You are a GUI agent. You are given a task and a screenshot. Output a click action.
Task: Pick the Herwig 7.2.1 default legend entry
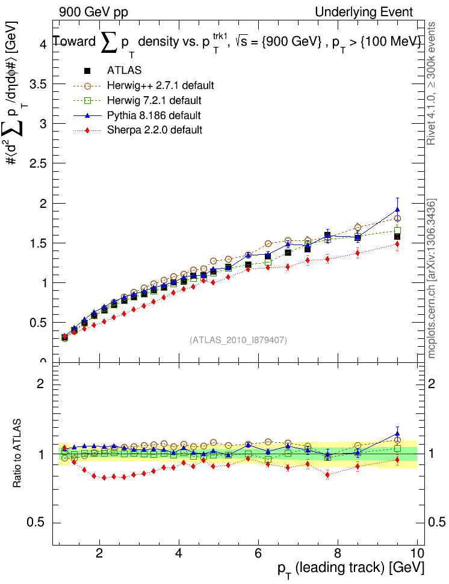click(154, 100)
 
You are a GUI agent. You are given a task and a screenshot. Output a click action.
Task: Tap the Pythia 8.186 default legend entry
click(154, 115)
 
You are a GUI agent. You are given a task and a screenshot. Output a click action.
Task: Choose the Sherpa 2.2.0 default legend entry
click(154, 129)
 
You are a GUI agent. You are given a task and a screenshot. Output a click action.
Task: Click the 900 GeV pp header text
click(93, 12)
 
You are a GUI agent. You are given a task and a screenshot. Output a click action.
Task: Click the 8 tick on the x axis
click(337, 553)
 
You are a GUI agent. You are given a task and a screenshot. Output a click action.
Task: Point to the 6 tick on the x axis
click(258, 553)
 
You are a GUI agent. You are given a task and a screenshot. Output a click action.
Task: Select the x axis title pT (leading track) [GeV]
click(351, 568)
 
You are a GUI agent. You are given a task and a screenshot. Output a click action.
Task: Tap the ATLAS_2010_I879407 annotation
click(238, 340)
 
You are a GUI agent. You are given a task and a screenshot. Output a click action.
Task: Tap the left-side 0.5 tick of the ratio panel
click(37, 523)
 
